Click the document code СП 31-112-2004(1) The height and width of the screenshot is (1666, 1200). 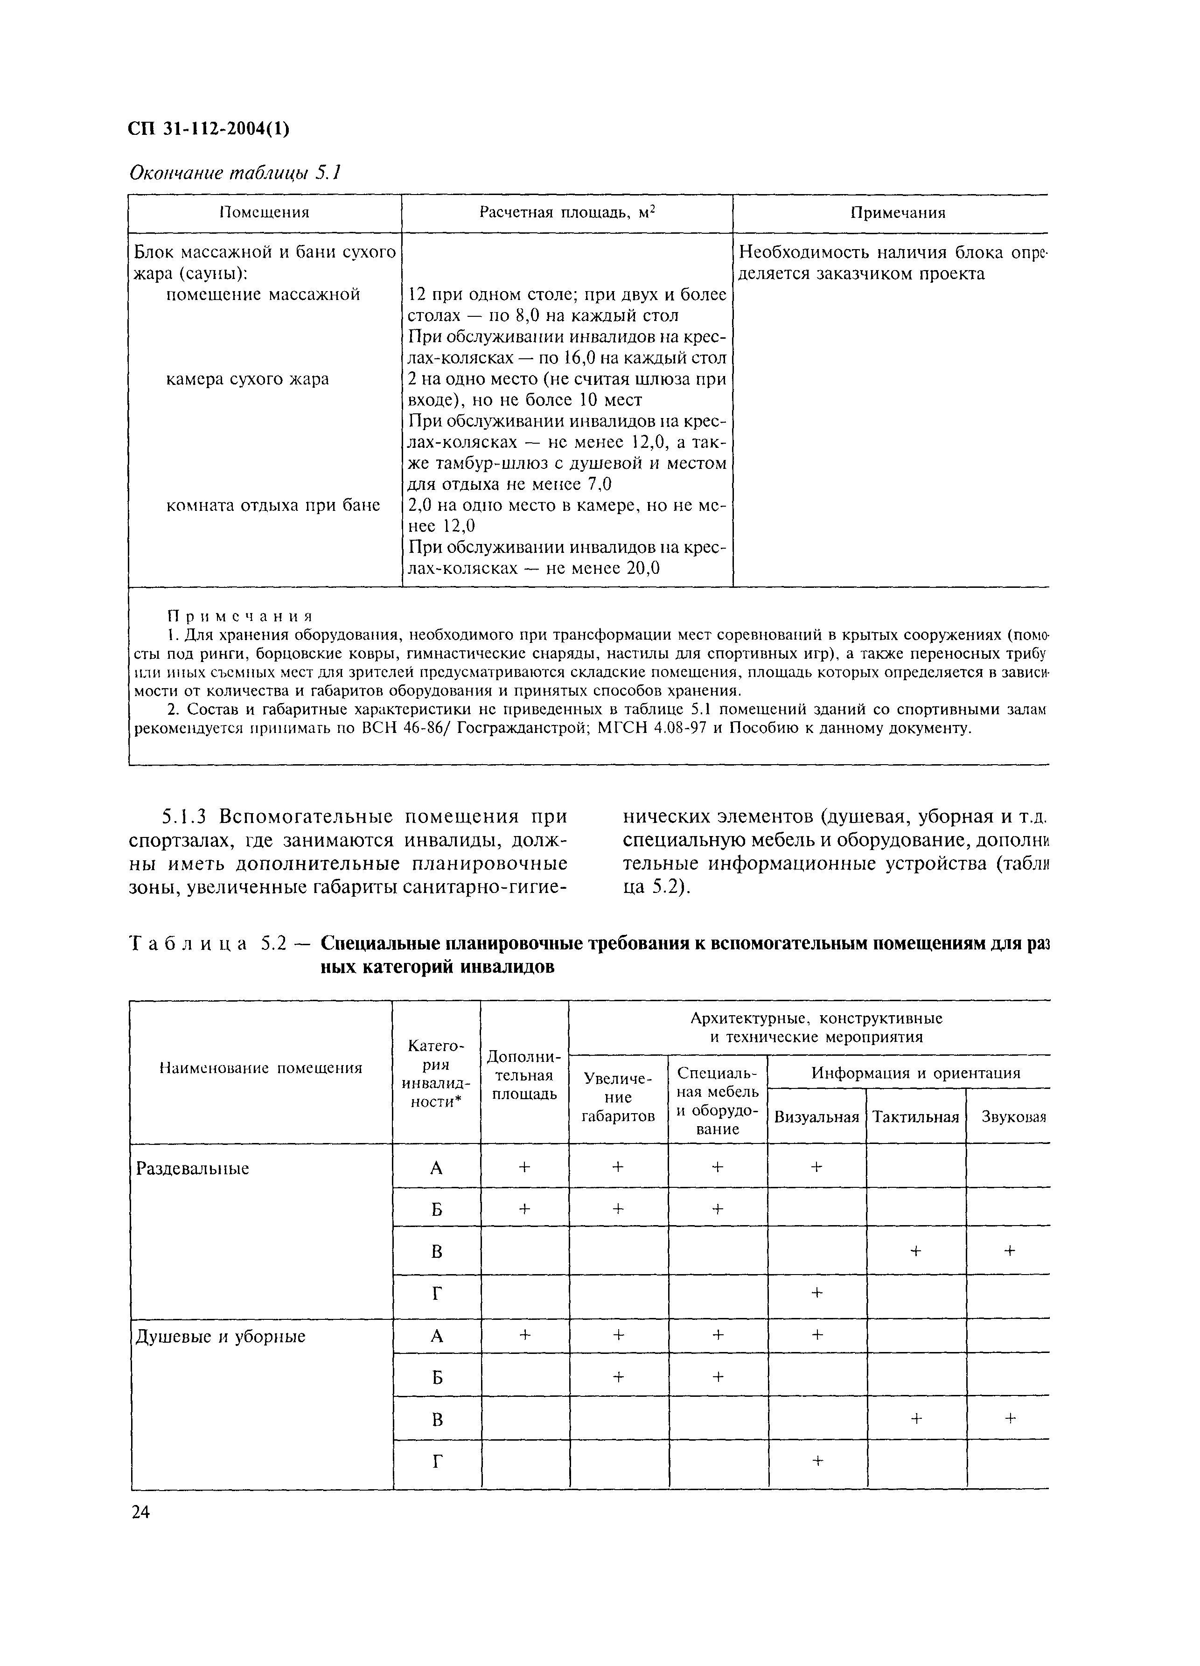pyautogui.click(x=209, y=129)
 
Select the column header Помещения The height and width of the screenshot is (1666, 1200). pyautogui.click(x=265, y=213)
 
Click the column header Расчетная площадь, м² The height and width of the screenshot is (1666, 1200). pyautogui.click(x=566, y=213)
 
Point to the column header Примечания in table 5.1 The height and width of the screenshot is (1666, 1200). pyautogui.click(x=897, y=213)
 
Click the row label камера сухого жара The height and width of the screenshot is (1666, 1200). pyautogui.click(x=247, y=379)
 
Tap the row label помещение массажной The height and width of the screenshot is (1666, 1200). pyautogui.click(x=262, y=294)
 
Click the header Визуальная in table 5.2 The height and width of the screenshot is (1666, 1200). pyautogui.click(x=816, y=1117)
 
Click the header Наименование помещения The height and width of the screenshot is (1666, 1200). pyautogui.click(x=261, y=1068)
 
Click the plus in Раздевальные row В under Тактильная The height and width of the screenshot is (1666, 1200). pyautogui.click(x=915, y=1250)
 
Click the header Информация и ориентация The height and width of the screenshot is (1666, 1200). pyautogui.click(x=915, y=1073)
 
